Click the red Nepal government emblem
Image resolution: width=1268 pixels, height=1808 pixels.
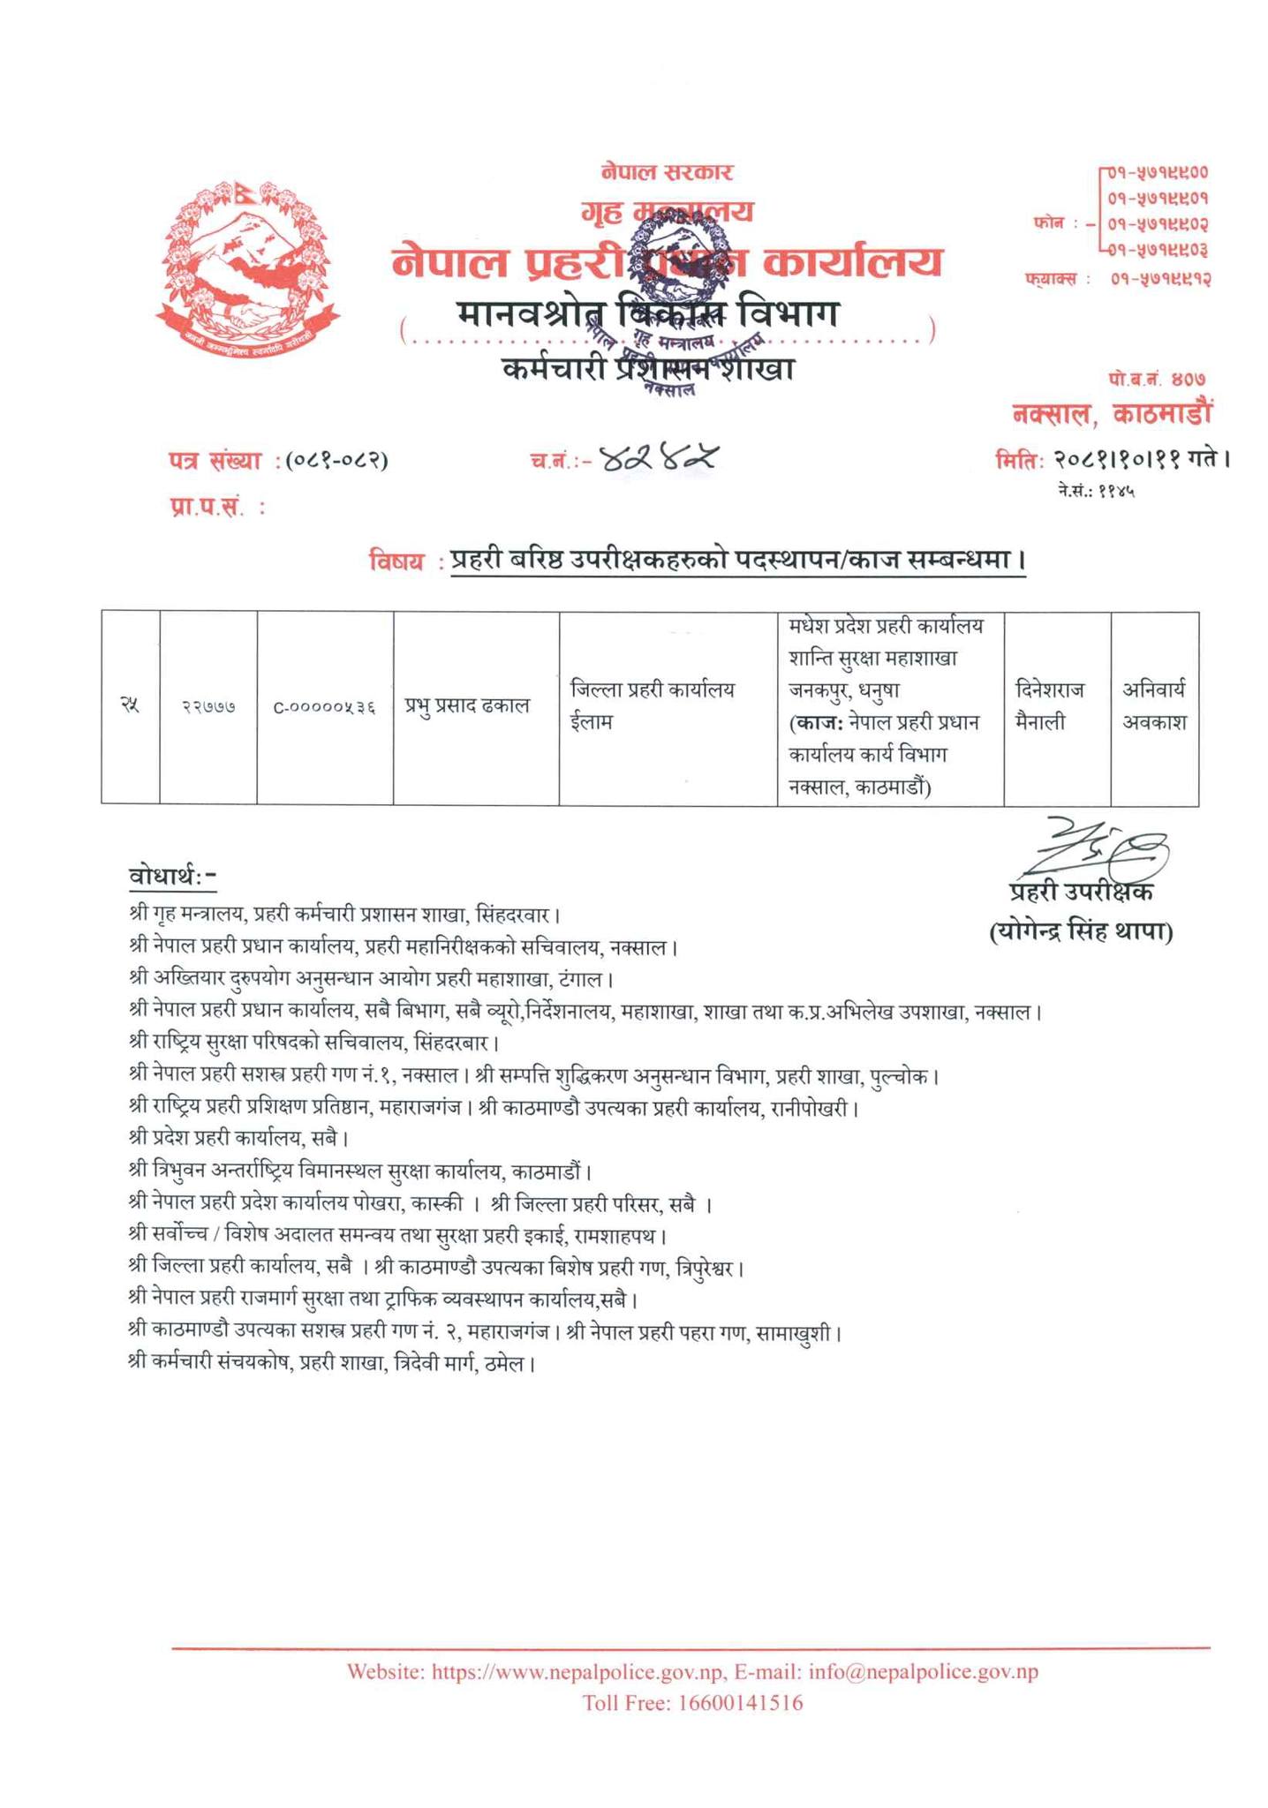(x=247, y=260)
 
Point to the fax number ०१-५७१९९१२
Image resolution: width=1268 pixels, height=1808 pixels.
(x=1159, y=279)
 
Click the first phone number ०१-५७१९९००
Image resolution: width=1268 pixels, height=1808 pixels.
(x=1158, y=173)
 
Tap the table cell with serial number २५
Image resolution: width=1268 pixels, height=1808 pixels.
(x=130, y=705)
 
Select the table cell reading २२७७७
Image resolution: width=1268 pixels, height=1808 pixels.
(x=208, y=706)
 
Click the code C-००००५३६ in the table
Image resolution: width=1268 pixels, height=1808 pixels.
(x=324, y=706)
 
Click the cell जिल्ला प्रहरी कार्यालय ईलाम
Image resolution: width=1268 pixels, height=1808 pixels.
(x=653, y=705)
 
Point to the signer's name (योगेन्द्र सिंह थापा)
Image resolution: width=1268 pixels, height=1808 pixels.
(x=1081, y=931)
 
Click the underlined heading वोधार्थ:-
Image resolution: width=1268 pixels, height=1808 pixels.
(x=172, y=877)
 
